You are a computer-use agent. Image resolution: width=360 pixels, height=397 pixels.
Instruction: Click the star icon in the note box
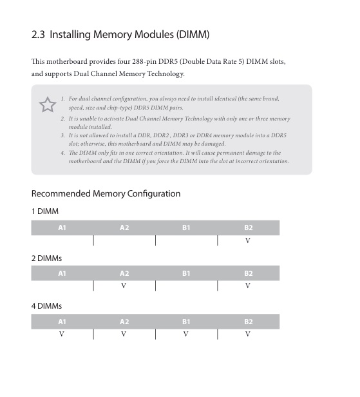coord(47,105)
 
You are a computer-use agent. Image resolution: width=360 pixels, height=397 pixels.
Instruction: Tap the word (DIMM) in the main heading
coord(190,34)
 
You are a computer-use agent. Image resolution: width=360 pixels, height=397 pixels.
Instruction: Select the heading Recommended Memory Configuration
coord(106,193)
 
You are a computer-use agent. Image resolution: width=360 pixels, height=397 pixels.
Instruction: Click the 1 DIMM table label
coord(44,211)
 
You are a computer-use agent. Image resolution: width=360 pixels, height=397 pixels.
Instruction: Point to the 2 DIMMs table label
coord(46,258)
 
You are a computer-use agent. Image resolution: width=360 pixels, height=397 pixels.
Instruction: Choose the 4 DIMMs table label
coord(46,305)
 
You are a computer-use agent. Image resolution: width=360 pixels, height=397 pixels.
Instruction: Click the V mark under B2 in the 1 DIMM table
coord(248,240)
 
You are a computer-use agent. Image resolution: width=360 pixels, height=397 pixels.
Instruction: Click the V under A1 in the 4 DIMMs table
coord(62,334)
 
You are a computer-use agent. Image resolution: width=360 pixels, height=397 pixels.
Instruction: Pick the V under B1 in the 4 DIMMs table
coord(185,334)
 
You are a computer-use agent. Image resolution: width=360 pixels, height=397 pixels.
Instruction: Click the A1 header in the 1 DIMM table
coord(62,228)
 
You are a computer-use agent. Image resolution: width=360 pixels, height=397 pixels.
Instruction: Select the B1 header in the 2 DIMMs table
coord(185,274)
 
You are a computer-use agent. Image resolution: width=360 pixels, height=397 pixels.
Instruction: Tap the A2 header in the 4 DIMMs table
coord(124,321)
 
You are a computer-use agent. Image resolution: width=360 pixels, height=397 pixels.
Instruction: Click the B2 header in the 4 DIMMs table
coord(248,321)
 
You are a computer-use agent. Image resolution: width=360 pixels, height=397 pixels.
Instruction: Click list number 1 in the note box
coord(62,99)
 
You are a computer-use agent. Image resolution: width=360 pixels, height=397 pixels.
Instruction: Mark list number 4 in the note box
coord(62,153)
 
